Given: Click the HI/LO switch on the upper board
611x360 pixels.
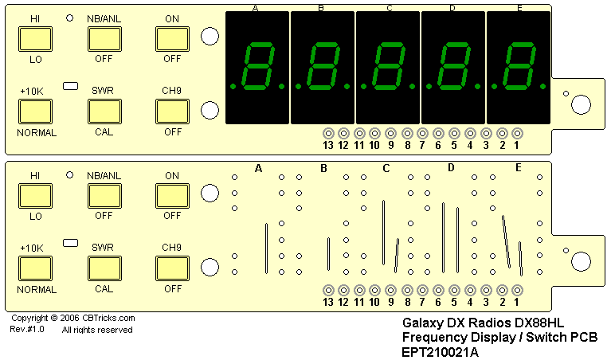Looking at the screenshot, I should pyautogui.click(x=34, y=38).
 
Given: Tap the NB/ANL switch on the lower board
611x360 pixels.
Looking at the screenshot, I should pyautogui.click(x=104, y=195).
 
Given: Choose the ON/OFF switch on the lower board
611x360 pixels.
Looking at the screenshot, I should pyautogui.click(x=171, y=195).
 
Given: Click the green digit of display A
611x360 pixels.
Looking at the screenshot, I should pyautogui.click(x=258, y=67).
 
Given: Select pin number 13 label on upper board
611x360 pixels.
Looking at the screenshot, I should pyautogui.click(x=327, y=145).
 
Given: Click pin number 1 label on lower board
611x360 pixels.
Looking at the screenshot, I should pyautogui.click(x=517, y=302).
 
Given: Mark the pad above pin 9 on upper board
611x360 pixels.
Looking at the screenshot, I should pyautogui.click(x=390, y=133).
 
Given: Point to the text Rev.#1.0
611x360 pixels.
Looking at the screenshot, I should pyautogui.click(x=27, y=329).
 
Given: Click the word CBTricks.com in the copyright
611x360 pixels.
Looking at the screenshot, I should pyautogui.click(x=108, y=319).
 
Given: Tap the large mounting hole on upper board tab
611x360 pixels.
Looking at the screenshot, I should pyautogui.click(x=582, y=104).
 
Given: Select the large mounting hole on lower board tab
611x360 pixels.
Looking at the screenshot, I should pyautogui.click(x=582, y=260).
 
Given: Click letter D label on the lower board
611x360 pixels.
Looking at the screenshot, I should pyautogui.click(x=451, y=167).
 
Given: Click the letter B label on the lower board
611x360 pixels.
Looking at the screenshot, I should pyautogui.click(x=323, y=168).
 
